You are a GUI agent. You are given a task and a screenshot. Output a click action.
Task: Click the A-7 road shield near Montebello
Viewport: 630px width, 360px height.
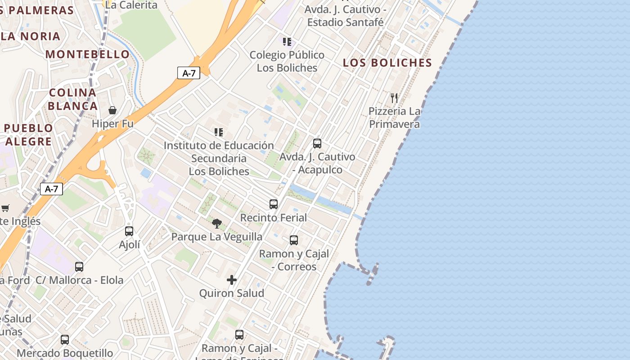(189, 73)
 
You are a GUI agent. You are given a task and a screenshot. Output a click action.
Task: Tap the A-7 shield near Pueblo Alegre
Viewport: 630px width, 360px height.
(51, 189)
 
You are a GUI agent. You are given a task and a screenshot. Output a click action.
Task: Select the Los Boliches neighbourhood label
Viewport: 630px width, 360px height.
(387, 63)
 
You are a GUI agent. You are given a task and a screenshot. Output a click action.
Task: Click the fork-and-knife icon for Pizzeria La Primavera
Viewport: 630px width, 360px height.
(394, 98)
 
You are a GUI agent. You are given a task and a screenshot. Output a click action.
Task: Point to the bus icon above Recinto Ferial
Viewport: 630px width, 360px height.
(274, 204)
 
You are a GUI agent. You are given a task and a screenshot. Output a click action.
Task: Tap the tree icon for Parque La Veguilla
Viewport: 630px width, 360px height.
(217, 223)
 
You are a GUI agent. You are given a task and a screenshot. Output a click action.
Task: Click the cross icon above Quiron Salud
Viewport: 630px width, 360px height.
(232, 280)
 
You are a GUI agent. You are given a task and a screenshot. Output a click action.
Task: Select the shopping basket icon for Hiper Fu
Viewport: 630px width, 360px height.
(112, 110)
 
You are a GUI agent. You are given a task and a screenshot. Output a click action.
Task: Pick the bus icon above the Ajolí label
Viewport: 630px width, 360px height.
(129, 231)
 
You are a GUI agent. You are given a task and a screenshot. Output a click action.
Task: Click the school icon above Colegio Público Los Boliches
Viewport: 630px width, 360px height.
(287, 42)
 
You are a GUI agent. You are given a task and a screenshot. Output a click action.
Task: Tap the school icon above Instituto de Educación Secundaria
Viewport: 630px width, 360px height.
(219, 132)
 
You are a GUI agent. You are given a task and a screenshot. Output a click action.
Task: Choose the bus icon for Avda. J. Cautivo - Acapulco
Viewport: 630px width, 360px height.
(317, 144)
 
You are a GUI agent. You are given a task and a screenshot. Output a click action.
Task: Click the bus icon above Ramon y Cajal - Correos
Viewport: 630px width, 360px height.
(294, 240)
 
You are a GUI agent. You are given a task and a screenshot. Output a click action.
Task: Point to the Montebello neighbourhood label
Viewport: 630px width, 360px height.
(88, 54)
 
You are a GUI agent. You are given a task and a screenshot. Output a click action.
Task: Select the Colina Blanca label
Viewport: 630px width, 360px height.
(73, 99)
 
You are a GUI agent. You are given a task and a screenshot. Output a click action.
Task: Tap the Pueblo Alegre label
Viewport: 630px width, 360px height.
(28, 135)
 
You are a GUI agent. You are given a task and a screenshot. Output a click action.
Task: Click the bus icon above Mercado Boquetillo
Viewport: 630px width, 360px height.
(65, 340)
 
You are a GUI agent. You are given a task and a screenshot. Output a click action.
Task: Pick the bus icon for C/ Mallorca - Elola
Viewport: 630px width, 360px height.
(79, 267)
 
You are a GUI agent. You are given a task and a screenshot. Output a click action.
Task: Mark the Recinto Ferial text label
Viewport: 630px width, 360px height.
(274, 218)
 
